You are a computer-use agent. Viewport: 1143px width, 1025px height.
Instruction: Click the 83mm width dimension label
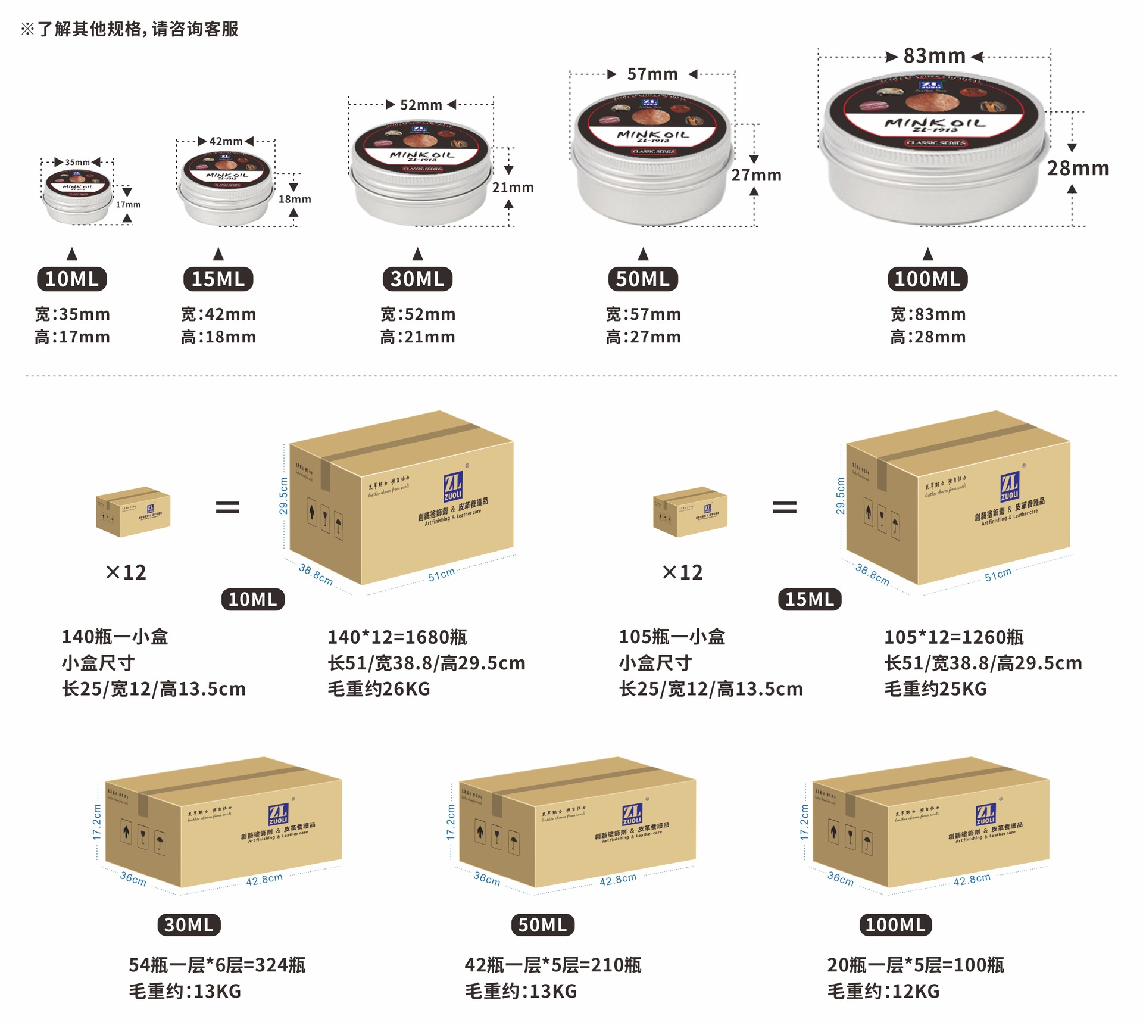pos(934,56)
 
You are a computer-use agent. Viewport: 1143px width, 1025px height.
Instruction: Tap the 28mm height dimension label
pos(1078,169)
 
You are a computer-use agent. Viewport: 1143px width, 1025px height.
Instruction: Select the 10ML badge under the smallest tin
pos(72,279)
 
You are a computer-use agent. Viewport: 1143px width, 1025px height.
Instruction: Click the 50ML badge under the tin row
pos(643,279)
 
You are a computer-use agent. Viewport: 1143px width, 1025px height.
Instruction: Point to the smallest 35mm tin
pos(77,195)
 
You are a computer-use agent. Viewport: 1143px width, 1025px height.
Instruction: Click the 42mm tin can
pos(226,188)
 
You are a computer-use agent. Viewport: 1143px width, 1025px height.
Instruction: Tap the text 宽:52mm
pos(418,314)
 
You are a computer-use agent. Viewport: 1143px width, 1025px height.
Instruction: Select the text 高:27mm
pos(643,337)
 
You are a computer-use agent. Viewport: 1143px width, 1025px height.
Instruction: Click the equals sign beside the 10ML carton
pos(227,507)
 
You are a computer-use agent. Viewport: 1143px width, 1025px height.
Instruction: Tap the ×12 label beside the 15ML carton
pos(682,572)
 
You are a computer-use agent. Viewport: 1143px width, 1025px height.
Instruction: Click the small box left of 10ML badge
pos(133,512)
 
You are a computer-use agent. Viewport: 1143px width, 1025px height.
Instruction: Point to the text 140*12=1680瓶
pos(397,637)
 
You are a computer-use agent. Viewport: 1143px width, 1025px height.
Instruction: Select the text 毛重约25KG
pos(935,689)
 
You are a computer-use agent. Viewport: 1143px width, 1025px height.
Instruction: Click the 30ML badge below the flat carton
pos(189,925)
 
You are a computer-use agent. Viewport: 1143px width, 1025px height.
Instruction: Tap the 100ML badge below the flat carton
pos(895,925)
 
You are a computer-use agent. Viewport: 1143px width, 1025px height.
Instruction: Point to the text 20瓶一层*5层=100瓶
pos(915,965)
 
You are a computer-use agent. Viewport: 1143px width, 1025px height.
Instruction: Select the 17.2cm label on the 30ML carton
pos(97,823)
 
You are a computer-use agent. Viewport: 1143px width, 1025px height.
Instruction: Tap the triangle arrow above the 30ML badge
pos(418,254)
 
